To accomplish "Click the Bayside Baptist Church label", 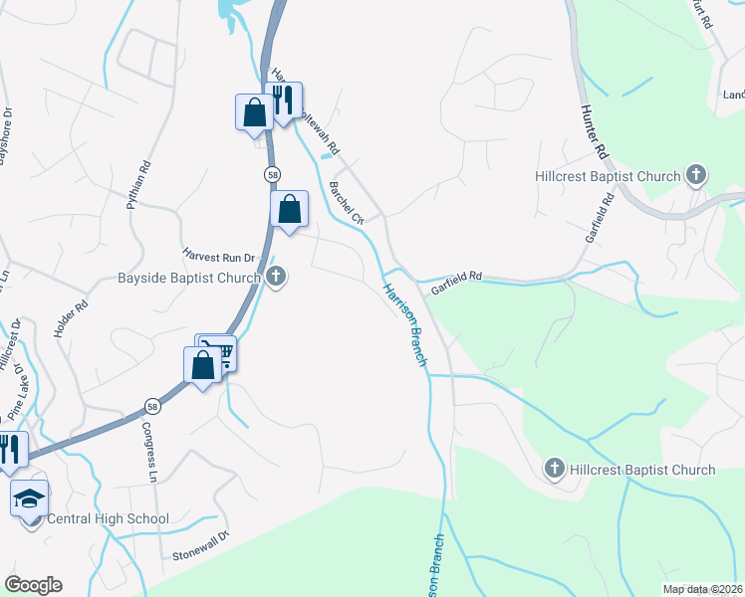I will pyautogui.click(x=188, y=278).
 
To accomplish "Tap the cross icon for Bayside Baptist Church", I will pyautogui.click(x=276, y=278).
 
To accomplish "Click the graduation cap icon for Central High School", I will pyautogui.click(x=30, y=497).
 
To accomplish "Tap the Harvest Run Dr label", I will pyautogui.click(x=219, y=256).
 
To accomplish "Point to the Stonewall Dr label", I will pyautogui.click(x=200, y=543).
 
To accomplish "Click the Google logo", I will pyautogui.click(x=33, y=585).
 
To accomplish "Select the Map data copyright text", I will pyautogui.click(x=703, y=589).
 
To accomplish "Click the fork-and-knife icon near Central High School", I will pyautogui.click(x=11, y=449).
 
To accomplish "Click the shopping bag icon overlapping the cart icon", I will pyautogui.click(x=202, y=364).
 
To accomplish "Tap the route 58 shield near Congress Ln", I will pyautogui.click(x=151, y=406).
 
